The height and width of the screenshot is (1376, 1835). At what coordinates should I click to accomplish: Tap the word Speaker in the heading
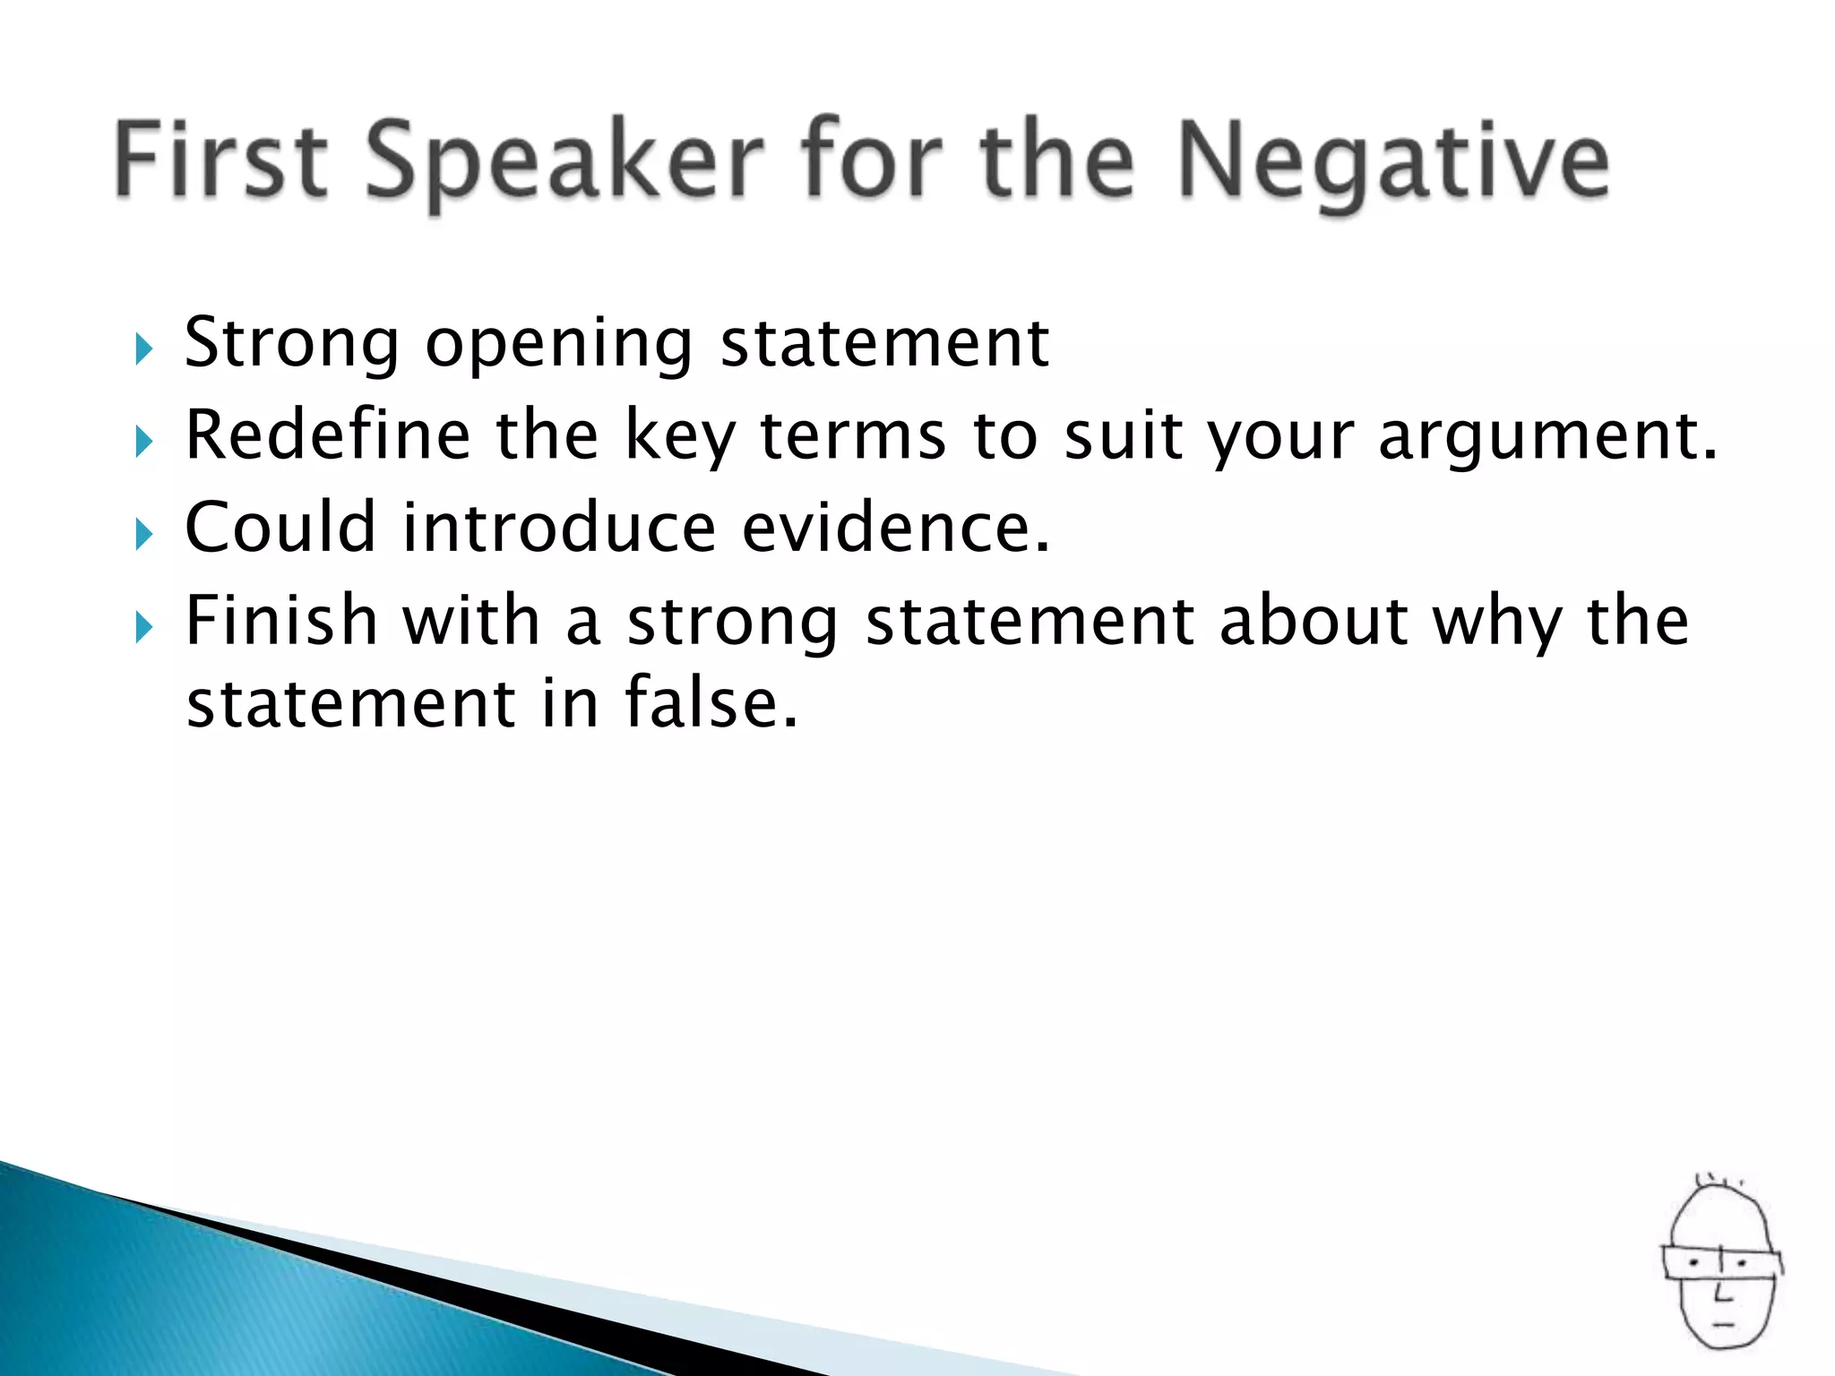564,161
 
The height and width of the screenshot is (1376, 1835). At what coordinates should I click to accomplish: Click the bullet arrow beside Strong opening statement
144,349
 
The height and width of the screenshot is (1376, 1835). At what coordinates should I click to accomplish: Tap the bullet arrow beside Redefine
144,442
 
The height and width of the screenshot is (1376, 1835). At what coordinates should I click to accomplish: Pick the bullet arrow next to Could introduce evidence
144,534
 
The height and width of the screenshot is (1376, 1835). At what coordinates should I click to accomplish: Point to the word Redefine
327,434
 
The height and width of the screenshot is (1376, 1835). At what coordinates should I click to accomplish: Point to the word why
1497,623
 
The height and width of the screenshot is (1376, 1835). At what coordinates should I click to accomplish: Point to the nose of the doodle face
1721,1294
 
